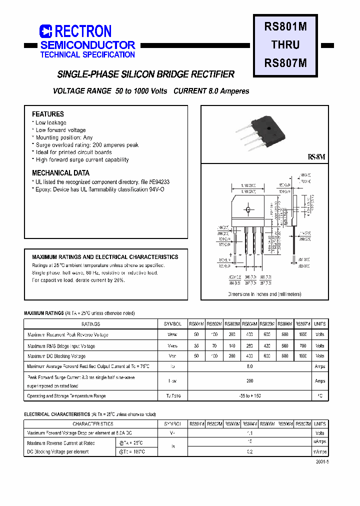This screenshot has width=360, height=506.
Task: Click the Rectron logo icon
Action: (45, 31)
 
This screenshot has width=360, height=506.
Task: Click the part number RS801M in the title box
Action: (285, 27)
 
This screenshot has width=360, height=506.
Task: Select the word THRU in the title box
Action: (285, 44)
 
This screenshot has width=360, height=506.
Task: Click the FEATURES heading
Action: (48, 114)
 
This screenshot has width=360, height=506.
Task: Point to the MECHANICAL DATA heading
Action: (61, 173)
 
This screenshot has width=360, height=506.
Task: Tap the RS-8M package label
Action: (317, 157)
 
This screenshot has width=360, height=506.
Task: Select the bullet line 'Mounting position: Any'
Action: (64, 137)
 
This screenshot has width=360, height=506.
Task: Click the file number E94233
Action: (160, 182)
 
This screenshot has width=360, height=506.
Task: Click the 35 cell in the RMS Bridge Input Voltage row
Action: (196, 345)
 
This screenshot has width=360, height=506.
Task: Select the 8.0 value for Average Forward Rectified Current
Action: (249, 366)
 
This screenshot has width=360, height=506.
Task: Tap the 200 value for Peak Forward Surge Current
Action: (249, 380)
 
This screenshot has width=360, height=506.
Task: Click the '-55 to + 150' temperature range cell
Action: (249, 395)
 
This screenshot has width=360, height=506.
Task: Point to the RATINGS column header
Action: (90, 324)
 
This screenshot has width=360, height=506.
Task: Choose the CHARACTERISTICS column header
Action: (90, 423)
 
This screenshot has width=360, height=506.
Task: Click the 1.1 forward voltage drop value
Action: (249, 433)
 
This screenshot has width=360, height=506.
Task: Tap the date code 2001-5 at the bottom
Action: (322, 461)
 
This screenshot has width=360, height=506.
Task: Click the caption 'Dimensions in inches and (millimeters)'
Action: (264, 294)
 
